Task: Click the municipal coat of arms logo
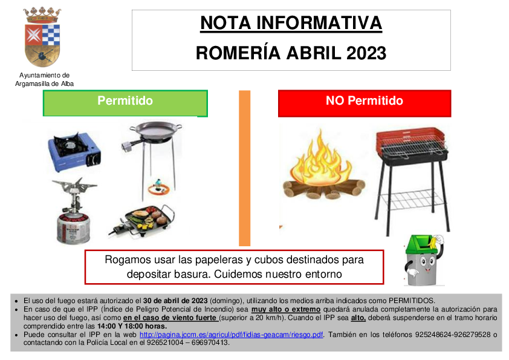coord(42,37)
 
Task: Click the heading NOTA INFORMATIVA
coord(291,23)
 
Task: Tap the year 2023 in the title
coord(366,53)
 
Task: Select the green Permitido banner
coord(125,103)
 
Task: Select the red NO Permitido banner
coord(365,103)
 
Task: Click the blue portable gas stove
coord(74,151)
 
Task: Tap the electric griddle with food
coord(142,219)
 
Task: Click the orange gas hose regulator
coord(159,188)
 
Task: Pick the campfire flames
coord(322,157)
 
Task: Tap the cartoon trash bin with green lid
coord(424,260)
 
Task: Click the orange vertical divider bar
coord(244,168)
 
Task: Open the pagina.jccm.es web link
coord(232,335)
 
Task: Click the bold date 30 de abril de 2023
coord(175,301)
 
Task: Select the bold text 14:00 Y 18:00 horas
coord(132,326)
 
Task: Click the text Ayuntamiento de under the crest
coord(45,75)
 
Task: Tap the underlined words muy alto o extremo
coord(286,309)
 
